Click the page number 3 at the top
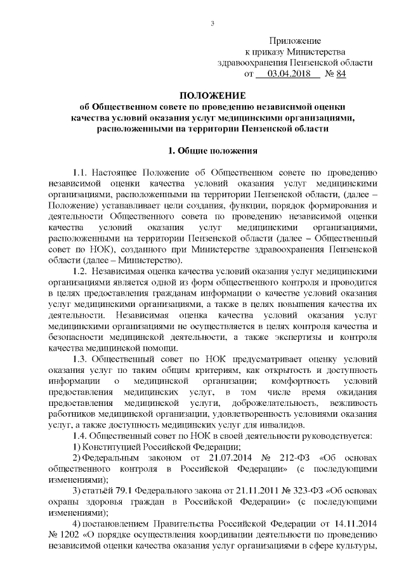click(x=213, y=24)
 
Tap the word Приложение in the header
click(x=295, y=40)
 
